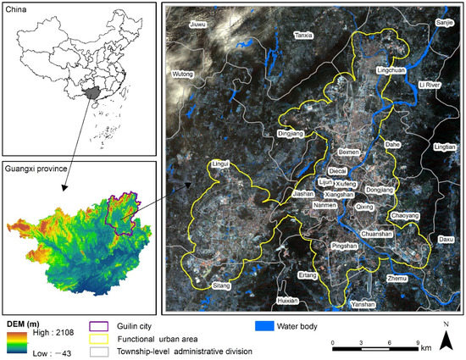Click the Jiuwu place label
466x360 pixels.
click(197, 25)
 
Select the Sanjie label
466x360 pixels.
click(444, 22)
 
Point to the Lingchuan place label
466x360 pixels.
click(391, 71)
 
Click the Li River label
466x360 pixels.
click(430, 85)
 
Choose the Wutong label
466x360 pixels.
click(183, 75)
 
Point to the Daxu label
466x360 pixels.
click(446, 240)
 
